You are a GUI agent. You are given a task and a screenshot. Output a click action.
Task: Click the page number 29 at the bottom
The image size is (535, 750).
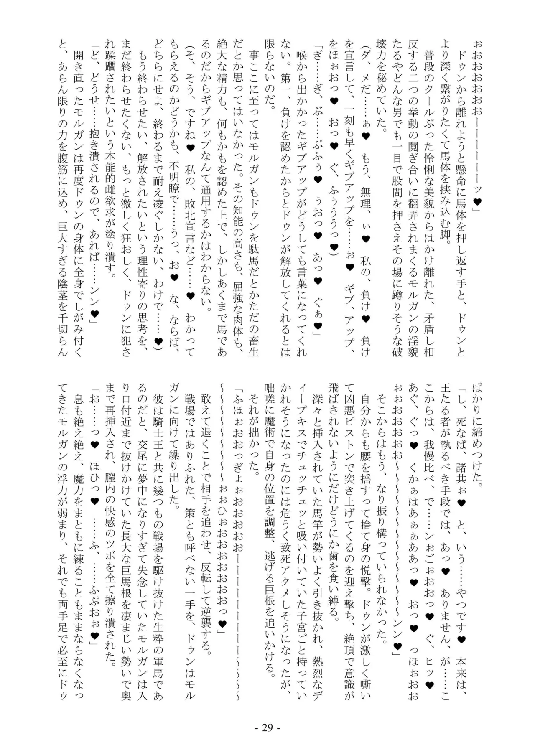click(267, 727)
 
